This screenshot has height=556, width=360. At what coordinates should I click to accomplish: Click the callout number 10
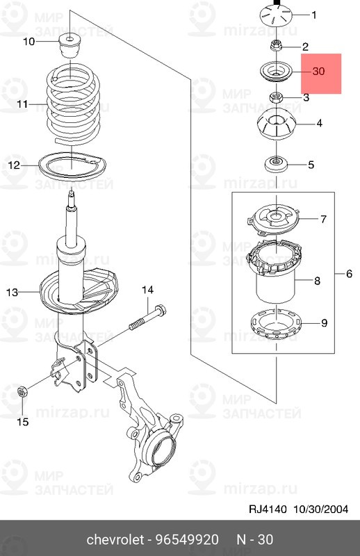(29, 42)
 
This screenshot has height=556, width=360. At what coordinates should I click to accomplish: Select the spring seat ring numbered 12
(72, 167)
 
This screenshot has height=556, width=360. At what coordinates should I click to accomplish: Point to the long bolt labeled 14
(147, 318)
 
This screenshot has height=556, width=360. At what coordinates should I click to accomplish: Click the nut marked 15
(22, 392)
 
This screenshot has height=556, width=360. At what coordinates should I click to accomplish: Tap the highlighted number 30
(318, 72)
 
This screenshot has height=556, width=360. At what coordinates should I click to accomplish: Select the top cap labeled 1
(276, 15)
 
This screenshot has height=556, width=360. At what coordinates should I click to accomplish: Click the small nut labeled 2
(275, 45)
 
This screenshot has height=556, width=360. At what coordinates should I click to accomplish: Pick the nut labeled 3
(276, 97)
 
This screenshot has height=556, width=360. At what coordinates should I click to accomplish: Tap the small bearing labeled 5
(276, 165)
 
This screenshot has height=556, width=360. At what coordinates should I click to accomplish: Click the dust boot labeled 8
(275, 271)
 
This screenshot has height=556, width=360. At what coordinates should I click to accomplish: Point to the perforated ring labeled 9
(276, 325)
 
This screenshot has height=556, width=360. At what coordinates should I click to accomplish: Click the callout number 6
(350, 274)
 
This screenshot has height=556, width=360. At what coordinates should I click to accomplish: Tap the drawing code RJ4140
(268, 509)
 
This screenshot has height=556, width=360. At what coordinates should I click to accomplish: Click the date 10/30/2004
(320, 509)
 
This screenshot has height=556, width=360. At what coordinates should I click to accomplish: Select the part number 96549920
(188, 540)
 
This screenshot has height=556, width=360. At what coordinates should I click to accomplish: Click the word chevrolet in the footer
(115, 540)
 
